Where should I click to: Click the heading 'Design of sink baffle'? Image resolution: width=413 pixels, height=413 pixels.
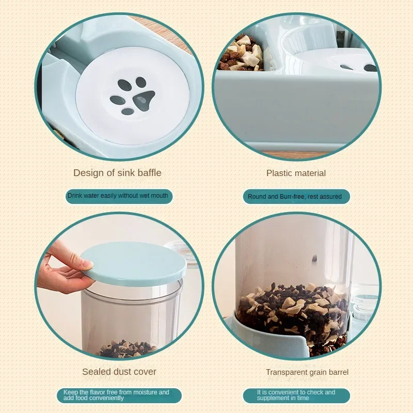pos(117,173)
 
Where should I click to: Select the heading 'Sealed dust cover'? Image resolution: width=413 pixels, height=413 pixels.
pos(119,372)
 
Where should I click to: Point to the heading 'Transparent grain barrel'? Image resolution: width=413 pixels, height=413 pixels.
pos(307,372)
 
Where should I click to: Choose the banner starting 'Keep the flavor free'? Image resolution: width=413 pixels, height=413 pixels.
pos(118,395)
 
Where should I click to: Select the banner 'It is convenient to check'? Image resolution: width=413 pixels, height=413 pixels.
pos(296,395)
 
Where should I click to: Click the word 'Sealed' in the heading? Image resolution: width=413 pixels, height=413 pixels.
pos(95,372)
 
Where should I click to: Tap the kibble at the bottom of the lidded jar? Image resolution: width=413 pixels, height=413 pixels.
pos(126,350)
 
